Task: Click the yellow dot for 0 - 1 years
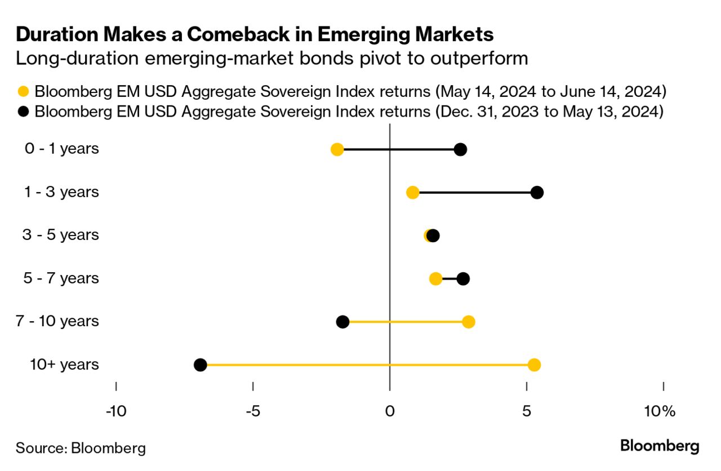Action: click(337, 149)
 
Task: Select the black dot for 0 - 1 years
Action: click(460, 149)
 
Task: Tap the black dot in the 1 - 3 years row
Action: click(537, 193)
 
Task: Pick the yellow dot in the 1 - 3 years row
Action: click(412, 193)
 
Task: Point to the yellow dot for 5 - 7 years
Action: click(435, 278)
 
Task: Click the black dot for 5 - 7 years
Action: click(463, 278)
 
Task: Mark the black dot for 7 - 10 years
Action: click(342, 322)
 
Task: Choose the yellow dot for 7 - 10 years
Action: click(468, 322)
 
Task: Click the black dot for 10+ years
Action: click(200, 365)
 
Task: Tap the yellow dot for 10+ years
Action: click(534, 365)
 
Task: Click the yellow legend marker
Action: click(24, 91)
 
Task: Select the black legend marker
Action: click(24, 112)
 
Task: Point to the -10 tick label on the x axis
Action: click(116, 411)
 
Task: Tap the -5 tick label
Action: click(253, 411)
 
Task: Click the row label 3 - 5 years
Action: click(61, 235)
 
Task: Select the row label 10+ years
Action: click(64, 365)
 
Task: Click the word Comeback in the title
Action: click(236, 35)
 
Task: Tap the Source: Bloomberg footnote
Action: click(81, 448)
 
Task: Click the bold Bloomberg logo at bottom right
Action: click(660, 446)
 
